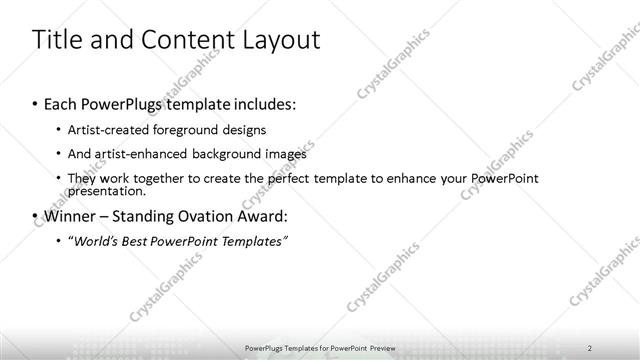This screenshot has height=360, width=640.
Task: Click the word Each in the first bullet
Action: click(x=63, y=104)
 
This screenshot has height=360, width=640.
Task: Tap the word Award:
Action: click(x=259, y=215)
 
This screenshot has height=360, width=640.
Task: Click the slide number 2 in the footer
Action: click(x=590, y=347)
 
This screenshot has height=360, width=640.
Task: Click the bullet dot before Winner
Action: click(x=35, y=215)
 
